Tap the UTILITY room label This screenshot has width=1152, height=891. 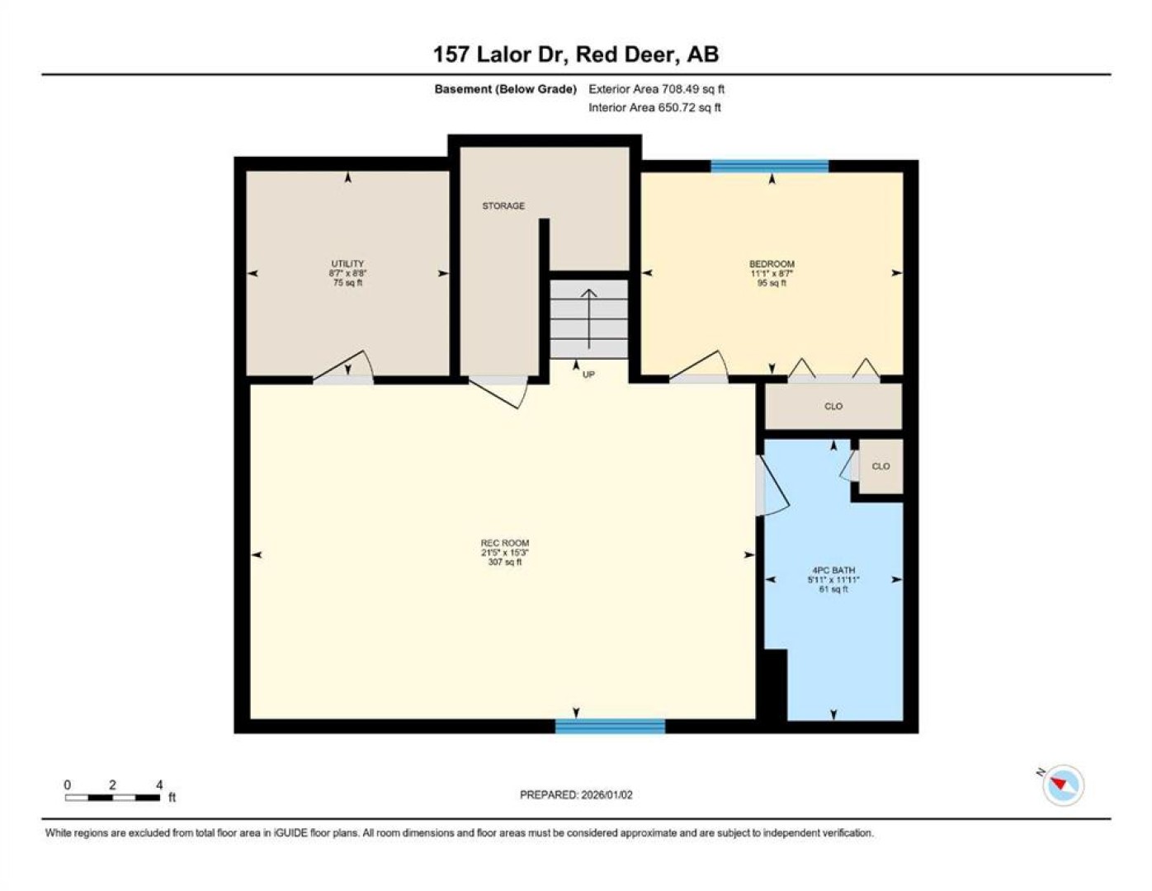(347, 263)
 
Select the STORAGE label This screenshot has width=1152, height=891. (503, 205)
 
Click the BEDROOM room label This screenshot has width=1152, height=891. (772, 263)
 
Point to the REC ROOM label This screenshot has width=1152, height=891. (505, 543)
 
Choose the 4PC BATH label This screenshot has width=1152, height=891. (833, 570)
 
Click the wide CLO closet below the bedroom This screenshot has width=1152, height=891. (833, 406)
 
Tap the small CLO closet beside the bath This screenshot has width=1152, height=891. (881, 466)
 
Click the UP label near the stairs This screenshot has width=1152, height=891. (588, 375)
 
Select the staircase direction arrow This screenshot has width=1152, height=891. (588, 318)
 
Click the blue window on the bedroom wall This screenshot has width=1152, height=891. (769, 167)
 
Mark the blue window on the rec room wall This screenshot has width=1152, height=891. (610, 726)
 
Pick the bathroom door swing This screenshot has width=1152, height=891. (774, 485)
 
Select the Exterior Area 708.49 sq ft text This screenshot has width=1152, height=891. (656, 89)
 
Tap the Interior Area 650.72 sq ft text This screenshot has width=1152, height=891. (654, 107)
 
